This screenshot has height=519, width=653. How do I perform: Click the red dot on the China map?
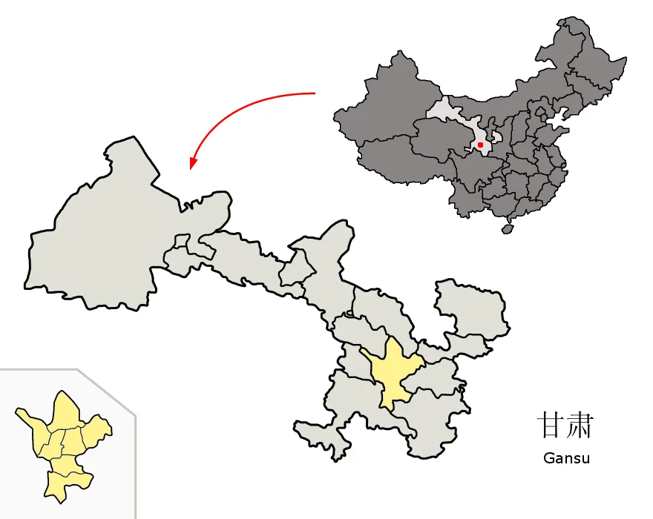pyautogui.click(x=481, y=145)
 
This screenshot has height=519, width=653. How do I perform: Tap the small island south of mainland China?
pyautogui.click(x=508, y=229)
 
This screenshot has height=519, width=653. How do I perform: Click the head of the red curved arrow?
pyautogui.click(x=192, y=165)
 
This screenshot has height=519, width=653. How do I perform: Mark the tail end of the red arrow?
pyautogui.click(x=315, y=93)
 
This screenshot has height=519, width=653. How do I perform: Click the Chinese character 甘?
pyautogui.click(x=549, y=426)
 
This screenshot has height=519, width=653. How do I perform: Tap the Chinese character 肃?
pyautogui.click(x=580, y=426)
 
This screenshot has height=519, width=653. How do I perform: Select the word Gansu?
pyautogui.click(x=566, y=457)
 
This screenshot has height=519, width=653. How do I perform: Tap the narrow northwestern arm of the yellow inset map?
pyautogui.click(x=27, y=418)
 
